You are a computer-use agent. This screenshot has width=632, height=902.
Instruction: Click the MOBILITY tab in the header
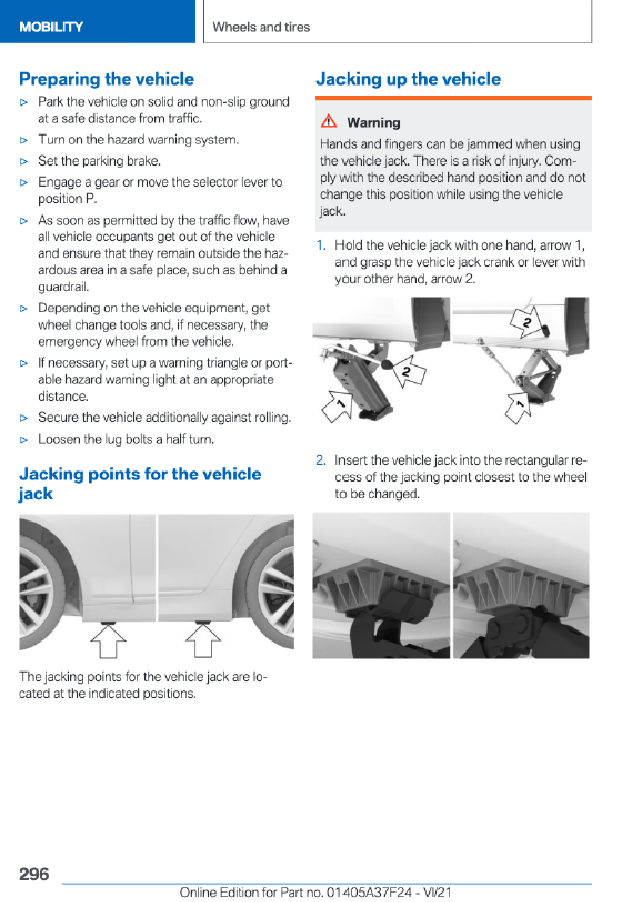(51, 27)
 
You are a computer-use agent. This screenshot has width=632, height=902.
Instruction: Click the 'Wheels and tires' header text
(261, 27)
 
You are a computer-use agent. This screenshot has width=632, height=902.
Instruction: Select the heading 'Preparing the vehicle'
(107, 79)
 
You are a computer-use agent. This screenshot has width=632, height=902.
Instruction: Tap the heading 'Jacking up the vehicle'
(408, 79)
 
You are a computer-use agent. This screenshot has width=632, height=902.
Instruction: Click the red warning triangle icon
(329, 121)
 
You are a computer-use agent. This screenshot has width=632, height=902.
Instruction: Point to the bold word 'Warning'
(373, 122)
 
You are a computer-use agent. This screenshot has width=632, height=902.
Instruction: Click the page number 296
(34, 874)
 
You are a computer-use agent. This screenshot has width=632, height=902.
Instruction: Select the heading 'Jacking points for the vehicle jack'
(140, 483)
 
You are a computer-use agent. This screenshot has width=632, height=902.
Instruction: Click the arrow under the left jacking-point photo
(108, 639)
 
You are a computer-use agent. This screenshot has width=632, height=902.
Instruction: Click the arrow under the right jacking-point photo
(203, 639)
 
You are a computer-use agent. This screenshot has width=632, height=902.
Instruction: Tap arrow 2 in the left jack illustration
(409, 370)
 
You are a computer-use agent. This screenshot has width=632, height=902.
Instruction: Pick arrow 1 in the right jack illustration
(520, 409)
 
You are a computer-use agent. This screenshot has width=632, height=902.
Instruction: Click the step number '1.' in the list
(322, 245)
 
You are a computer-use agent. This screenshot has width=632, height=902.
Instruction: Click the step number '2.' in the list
(321, 460)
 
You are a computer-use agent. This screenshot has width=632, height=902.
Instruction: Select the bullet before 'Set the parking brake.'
(23, 162)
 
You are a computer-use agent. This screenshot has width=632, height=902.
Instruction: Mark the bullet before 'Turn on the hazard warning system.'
(23, 141)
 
